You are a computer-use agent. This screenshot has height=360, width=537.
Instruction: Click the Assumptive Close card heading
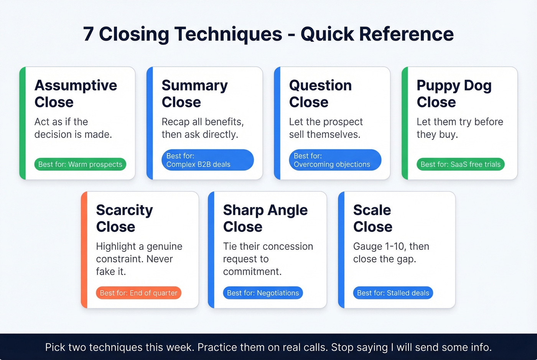[x=76, y=94]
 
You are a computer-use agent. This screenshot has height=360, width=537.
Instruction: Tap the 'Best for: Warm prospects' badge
[x=80, y=164]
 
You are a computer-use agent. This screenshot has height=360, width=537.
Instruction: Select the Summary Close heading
[x=194, y=94]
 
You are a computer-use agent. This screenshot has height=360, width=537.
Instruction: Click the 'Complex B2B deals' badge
[x=208, y=160]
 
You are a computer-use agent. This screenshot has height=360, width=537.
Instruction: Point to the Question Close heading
[x=320, y=94]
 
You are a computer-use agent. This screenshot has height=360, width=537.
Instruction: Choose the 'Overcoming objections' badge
[x=335, y=160]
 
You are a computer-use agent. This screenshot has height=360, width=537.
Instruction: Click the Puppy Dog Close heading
[x=454, y=94]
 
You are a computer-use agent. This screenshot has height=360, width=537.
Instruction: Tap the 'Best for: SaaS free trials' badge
[x=460, y=164]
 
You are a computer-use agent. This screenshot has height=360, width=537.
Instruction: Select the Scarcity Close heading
[x=124, y=218]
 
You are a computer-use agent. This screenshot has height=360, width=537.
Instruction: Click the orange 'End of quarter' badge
[x=138, y=293]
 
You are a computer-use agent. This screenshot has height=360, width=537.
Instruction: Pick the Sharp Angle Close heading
[x=265, y=218]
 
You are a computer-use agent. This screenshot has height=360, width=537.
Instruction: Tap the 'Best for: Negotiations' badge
[x=263, y=293]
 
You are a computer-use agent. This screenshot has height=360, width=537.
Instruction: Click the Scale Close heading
[x=372, y=218]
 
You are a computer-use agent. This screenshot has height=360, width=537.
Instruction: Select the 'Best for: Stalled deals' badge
[x=393, y=293]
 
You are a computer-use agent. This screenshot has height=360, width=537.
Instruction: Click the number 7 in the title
[x=88, y=34]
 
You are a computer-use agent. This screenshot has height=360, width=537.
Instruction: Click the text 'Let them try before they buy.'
[x=460, y=128]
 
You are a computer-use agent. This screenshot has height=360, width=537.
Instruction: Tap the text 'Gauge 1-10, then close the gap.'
[x=391, y=253]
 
